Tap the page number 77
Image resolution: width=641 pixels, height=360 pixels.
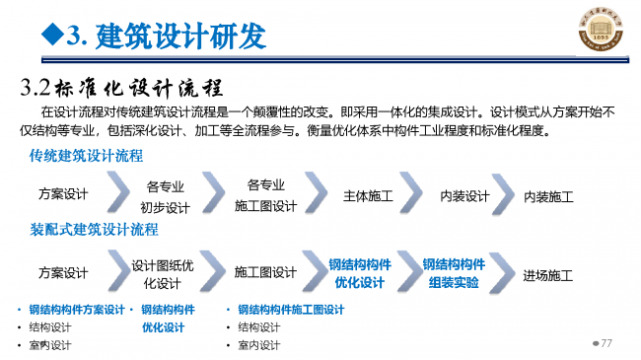[x=606, y=342]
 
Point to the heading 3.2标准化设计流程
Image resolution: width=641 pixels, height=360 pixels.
[x=123, y=86]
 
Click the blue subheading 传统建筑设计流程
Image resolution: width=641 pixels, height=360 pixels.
[x=86, y=156]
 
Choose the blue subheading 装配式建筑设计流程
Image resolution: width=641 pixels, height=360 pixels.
[x=94, y=230]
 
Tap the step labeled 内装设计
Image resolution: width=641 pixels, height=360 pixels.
[x=464, y=195]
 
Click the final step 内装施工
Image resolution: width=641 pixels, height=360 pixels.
[x=548, y=196]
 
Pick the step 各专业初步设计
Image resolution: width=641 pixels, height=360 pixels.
[x=165, y=195]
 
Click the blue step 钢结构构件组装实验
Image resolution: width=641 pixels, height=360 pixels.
[x=454, y=273]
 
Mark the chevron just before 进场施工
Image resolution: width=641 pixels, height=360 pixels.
[x=506, y=272]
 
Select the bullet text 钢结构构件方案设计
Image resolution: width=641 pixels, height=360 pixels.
[x=77, y=309]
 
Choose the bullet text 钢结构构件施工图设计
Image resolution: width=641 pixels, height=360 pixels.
[x=291, y=309]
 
